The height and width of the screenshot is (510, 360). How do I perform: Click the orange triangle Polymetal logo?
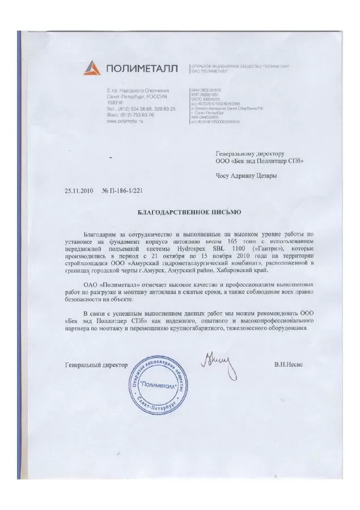tap(92, 69)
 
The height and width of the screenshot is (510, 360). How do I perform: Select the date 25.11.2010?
tap(79, 192)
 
